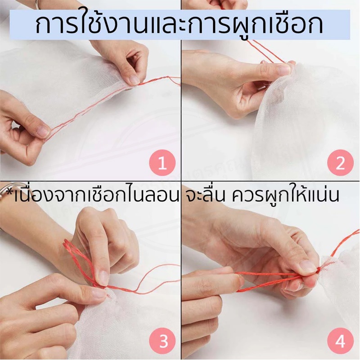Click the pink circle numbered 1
[162, 163]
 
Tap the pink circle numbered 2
[340, 163]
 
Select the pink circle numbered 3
[162, 341]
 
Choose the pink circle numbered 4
[340, 341]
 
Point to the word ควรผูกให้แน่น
[285, 195]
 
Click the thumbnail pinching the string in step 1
[134, 80]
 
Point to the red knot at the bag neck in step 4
[318, 271]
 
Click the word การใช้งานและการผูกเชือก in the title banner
[179, 25]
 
